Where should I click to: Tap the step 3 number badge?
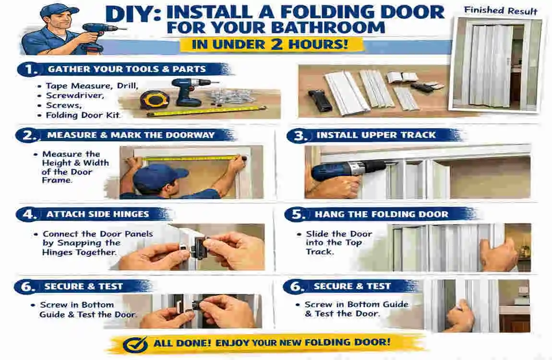coord(300,136)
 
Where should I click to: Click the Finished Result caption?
coord(501,11)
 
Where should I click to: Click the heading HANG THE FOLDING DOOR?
coord(381,215)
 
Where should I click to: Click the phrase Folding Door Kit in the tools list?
coord(83,115)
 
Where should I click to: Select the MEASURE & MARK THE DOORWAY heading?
coord(131,135)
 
